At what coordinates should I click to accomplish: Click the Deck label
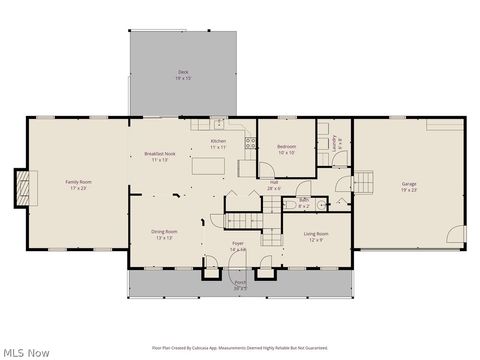pyautogui.click(x=183, y=73)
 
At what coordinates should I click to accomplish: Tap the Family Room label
pyautogui.click(x=77, y=184)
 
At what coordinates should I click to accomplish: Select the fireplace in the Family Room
pyautogui.click(x=22, y=186)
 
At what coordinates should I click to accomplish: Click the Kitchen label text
pyautogui.click(x=218, y=143)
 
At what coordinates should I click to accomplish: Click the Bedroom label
pyautogui.click(x=286, y=150)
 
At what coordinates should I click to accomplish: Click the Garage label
pyautogui.click(x=409, y=186)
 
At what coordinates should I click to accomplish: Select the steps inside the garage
pyautogui.click(x=364, y=183)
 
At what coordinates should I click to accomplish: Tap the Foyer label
pyautogui.click(x=238, y=246)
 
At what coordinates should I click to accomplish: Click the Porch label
pyautogui.click(x=240, y=285)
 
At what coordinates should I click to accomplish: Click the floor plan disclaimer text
pyautogui.click(x=240, y=348)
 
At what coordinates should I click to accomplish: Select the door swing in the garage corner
pyautogui.click(x=457, y=235)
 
